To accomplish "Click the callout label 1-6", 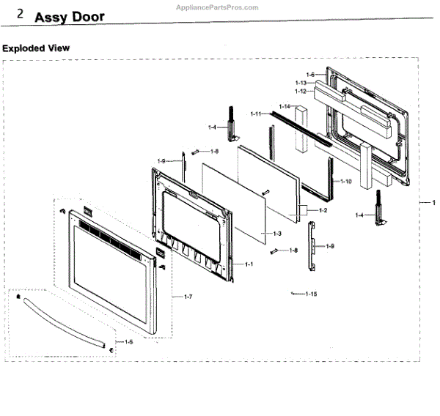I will (309, 75).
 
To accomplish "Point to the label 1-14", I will (284, 107).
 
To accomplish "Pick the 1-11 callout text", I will (256, 114).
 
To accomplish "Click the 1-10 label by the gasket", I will (346, 180).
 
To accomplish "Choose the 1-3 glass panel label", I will (277, 234).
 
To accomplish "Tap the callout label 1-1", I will (249, 264).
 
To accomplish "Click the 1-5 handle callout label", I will (128, 342).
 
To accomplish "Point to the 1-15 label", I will (311, 294).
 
